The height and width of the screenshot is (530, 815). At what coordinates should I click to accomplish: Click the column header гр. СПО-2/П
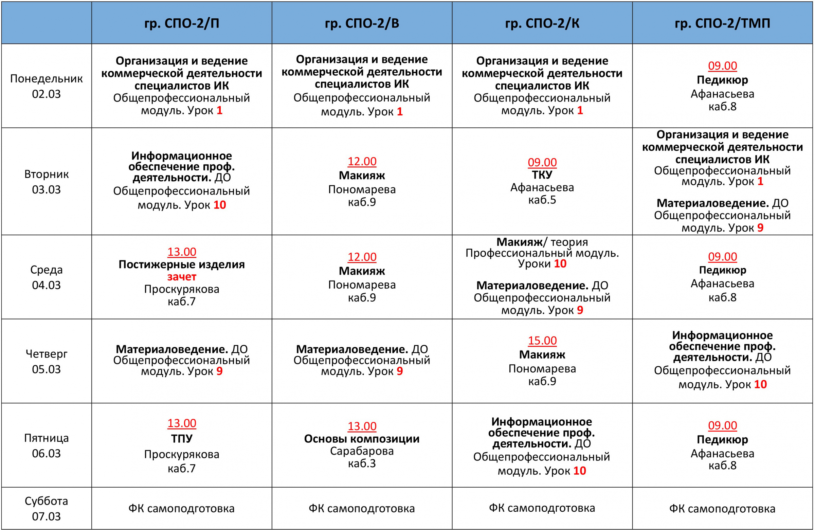181,23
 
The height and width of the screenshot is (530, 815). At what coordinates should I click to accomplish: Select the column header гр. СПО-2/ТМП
722,23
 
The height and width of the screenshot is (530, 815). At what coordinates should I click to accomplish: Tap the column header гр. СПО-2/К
542,23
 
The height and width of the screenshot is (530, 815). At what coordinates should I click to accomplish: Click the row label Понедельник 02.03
46,86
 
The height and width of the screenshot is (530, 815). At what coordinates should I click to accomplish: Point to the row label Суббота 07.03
46,508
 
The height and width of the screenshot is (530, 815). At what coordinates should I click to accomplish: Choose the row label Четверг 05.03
46,361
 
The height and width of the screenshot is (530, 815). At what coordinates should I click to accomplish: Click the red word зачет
181,277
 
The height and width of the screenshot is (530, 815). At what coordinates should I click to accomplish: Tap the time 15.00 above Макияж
542,340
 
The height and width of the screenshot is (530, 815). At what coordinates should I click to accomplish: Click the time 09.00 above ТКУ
542,162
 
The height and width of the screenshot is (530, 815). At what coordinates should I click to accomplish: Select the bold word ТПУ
181,439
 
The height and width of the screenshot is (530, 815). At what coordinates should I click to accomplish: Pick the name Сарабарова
362,451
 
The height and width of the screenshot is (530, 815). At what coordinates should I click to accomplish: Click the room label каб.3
362,463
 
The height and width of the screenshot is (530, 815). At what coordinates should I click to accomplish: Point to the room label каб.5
542,200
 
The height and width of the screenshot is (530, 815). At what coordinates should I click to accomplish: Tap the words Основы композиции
362,439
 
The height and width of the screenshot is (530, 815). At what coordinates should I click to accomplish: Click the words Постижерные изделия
181,264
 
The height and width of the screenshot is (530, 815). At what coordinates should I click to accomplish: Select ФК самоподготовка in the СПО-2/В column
362,508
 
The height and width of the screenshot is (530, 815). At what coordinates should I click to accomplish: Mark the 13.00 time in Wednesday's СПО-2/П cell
181,252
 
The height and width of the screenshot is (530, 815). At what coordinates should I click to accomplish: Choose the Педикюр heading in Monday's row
722,80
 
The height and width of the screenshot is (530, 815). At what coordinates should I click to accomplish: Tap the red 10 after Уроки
560,263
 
